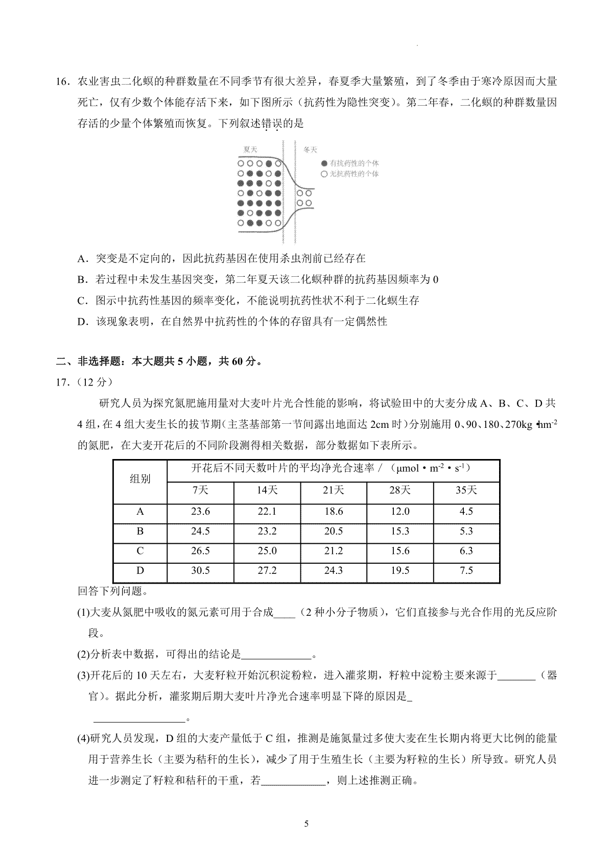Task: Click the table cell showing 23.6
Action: point(200,512)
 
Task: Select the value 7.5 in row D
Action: point(466,570)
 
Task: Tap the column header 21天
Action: point(334,490)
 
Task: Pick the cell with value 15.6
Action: point(400,551)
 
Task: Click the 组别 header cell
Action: point(140,479)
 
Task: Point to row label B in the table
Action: point(140,532)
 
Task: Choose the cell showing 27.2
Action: point(267,570)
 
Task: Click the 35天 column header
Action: point(466,490)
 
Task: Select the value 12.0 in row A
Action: point(400,512)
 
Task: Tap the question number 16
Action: point(62,82)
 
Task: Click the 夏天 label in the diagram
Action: point(250,150)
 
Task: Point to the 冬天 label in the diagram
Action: point(310,150)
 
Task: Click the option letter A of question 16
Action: point(82,259)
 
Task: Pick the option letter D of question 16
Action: point(82,322)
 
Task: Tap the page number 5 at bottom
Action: point(306,824)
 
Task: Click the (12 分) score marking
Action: point(92,382)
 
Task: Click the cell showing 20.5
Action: point(334,532)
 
